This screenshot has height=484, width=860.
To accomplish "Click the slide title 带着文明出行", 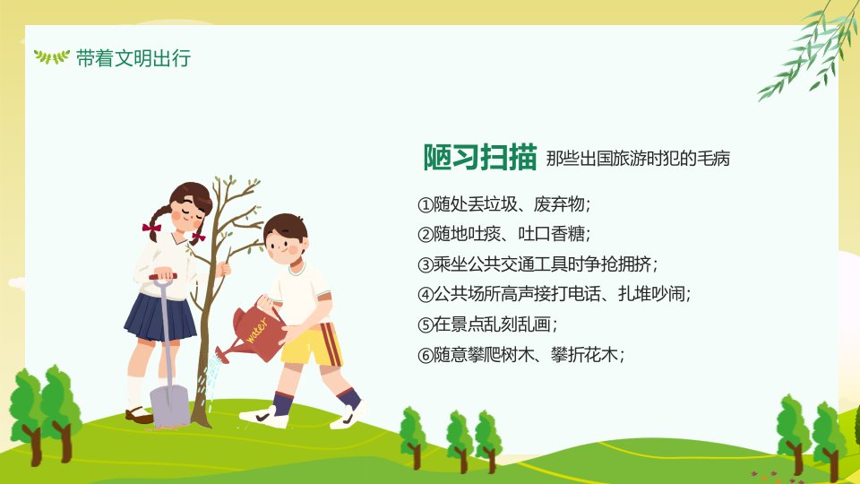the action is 133,57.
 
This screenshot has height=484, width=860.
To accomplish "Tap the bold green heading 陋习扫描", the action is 479,158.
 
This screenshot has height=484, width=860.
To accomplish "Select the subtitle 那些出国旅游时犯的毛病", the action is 638,159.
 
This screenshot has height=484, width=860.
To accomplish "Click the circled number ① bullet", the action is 426,204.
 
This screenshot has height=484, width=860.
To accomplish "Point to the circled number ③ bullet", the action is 426,265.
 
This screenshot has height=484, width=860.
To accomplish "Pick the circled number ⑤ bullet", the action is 426,324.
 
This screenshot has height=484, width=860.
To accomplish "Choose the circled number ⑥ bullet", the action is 426,356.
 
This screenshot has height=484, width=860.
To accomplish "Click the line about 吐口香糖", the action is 504,234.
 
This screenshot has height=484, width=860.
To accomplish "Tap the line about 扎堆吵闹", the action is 554,295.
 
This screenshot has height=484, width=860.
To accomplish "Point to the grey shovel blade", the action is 169,405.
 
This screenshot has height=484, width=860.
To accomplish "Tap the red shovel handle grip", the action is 163,277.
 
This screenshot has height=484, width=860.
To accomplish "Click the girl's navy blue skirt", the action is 160,317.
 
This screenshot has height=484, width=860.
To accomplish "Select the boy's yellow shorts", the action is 312,344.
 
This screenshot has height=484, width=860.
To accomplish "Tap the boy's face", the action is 285,245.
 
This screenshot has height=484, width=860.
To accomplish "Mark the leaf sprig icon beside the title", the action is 52,56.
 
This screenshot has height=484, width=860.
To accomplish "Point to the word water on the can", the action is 257,330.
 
